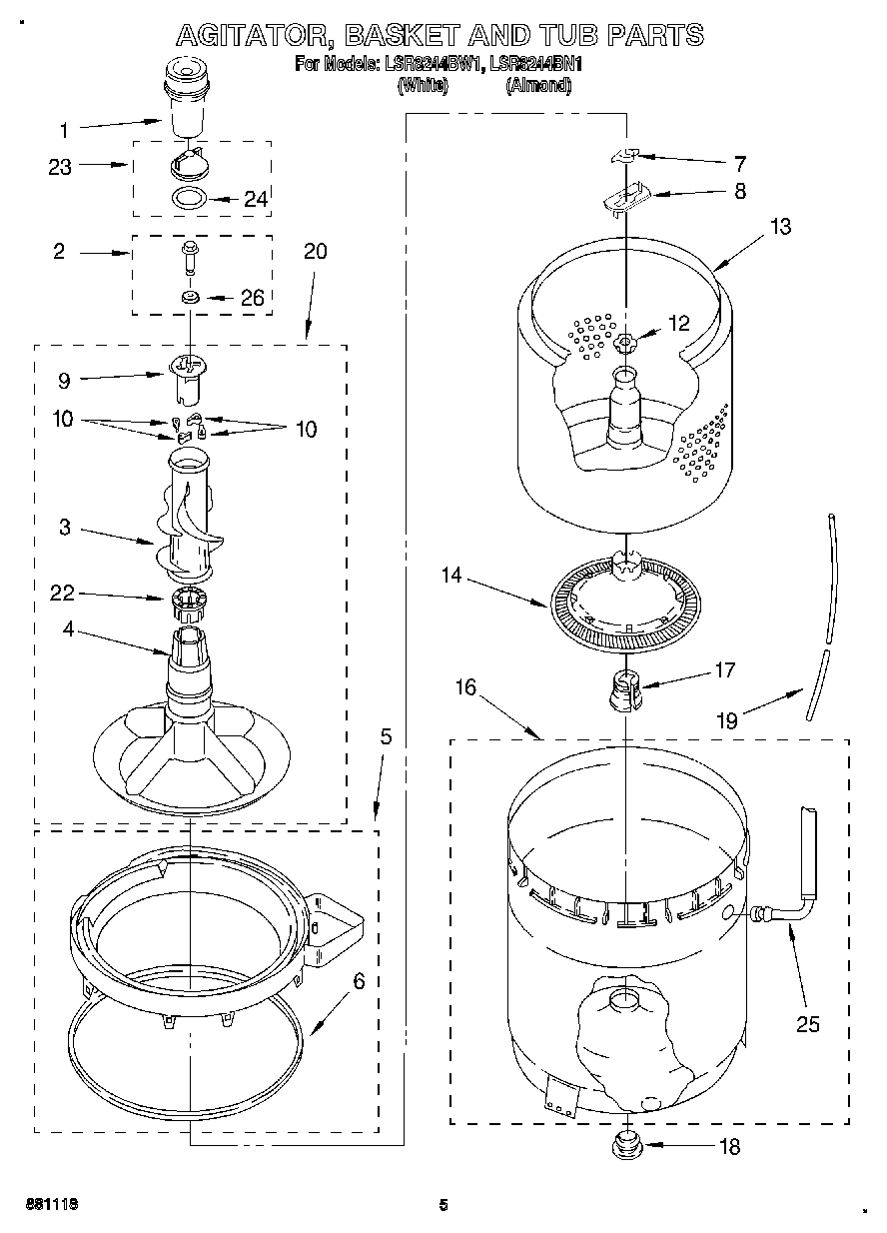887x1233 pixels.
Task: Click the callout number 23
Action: coord(60,167)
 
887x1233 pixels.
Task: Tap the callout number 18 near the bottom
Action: coord(729,1147)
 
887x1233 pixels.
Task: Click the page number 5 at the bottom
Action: coord(443,1205)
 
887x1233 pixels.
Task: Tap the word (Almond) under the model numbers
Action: coord(538,86)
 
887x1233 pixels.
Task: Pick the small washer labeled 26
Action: coord(189,297)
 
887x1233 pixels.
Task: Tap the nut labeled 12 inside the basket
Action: coord(626,344)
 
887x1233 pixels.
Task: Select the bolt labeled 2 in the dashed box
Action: coord(189,256)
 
